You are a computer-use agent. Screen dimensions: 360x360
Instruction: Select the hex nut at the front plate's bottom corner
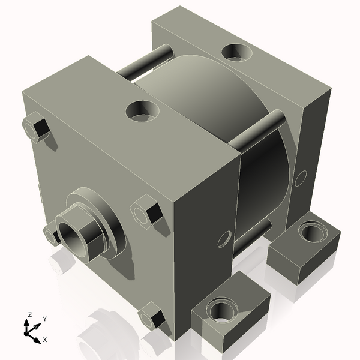click(x=152, y=317)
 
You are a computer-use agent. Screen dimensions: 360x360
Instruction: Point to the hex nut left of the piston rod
click(x=50, y=234)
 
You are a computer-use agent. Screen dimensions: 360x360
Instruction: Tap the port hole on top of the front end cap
click(x=143, y=110)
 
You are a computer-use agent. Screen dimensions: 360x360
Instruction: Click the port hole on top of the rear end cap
click(x=238, y=52)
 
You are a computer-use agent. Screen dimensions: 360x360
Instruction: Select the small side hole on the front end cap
click(x=224, y=238)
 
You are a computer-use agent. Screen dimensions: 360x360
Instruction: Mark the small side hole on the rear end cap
click(x=301, y=178)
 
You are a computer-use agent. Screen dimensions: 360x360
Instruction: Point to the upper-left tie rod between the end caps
click(x=138, y=67)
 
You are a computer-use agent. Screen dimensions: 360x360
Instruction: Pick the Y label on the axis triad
click(x=44, y=319)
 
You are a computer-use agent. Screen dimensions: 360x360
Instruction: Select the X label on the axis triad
click(x=44, y=340)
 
